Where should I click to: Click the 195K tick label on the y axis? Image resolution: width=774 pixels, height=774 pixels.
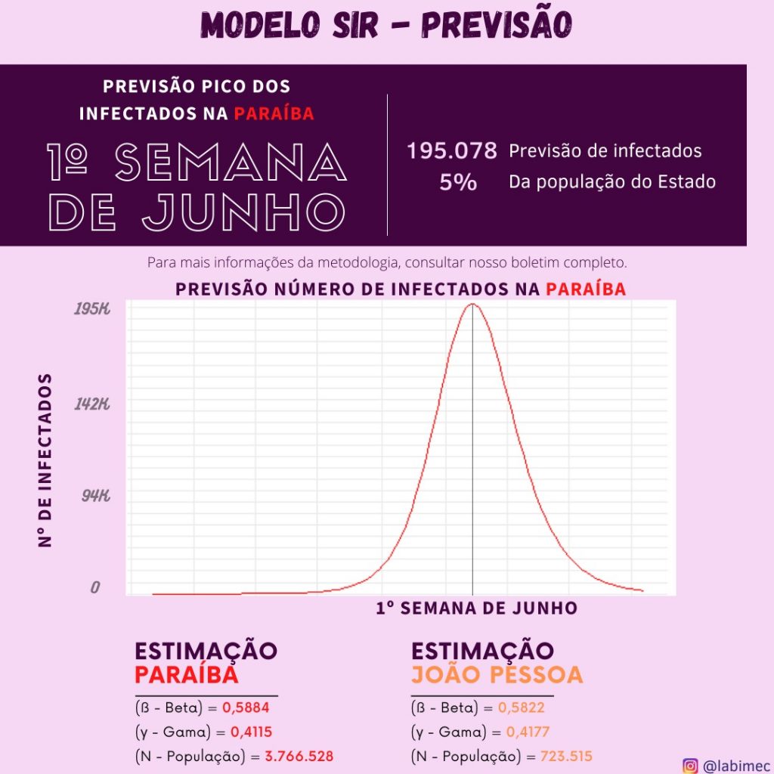tap(91, 309)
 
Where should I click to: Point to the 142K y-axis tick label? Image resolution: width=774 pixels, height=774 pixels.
tap(91, 404)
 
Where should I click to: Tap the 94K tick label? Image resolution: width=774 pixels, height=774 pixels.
tap(96, 496)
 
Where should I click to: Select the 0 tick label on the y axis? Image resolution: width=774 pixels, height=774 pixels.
tap(95, 587)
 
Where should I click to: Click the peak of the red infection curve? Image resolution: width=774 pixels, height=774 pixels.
tap(473, 305)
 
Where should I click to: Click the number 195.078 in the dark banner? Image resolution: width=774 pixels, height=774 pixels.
tap(452, 151)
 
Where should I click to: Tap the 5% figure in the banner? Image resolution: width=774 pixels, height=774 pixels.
tap(458, 182)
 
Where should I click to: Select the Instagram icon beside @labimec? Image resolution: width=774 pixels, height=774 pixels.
tap(690, 766)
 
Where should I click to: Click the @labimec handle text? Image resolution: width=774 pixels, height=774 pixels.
tap(731, 766)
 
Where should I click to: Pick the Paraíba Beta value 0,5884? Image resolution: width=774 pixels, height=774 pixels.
tap(246, 707)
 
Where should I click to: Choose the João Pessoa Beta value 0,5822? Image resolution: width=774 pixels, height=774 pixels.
tap(521, 707)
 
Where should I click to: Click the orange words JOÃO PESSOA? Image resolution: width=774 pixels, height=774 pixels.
tap(497, 674)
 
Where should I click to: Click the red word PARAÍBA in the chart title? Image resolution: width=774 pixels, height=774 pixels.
tap(586, 289)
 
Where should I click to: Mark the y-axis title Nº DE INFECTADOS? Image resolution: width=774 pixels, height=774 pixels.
tap(45, 460)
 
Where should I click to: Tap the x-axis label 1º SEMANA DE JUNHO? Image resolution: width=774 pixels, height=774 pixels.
tap(476, 608)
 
